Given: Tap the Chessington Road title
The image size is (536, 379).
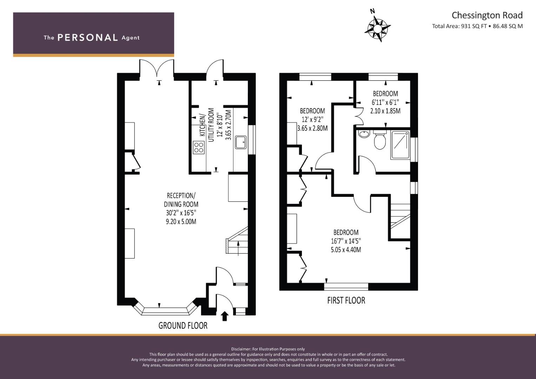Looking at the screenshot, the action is tap(487, 15).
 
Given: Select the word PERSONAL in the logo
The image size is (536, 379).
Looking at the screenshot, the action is tap(88, 38).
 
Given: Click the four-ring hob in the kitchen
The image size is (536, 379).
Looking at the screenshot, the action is tap(199, 147).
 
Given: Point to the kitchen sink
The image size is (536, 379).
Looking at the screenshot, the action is tap(241, 142).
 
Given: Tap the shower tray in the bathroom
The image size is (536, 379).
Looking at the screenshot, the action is tap(400, 145).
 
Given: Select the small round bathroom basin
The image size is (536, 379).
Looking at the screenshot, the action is tap(364, 134).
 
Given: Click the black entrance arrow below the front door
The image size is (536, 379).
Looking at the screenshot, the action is tap(224, 316).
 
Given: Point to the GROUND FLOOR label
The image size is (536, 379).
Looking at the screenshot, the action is tap(183, 325).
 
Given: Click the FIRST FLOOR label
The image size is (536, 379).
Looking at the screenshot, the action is tap(346, 300).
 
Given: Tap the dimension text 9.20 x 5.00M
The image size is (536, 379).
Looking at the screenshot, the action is tap(181, 221).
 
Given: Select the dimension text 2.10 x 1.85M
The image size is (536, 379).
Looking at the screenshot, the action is tap(385, 111).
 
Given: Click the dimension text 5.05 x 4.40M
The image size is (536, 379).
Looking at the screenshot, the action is tap(346, 250).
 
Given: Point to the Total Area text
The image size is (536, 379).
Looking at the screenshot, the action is tap(477, 26).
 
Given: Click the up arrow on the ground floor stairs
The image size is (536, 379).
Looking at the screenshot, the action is tap(238, 248).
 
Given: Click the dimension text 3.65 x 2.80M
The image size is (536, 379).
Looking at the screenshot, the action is tap(312, 128).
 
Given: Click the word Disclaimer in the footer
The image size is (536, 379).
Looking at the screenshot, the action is tap(241, 349).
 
